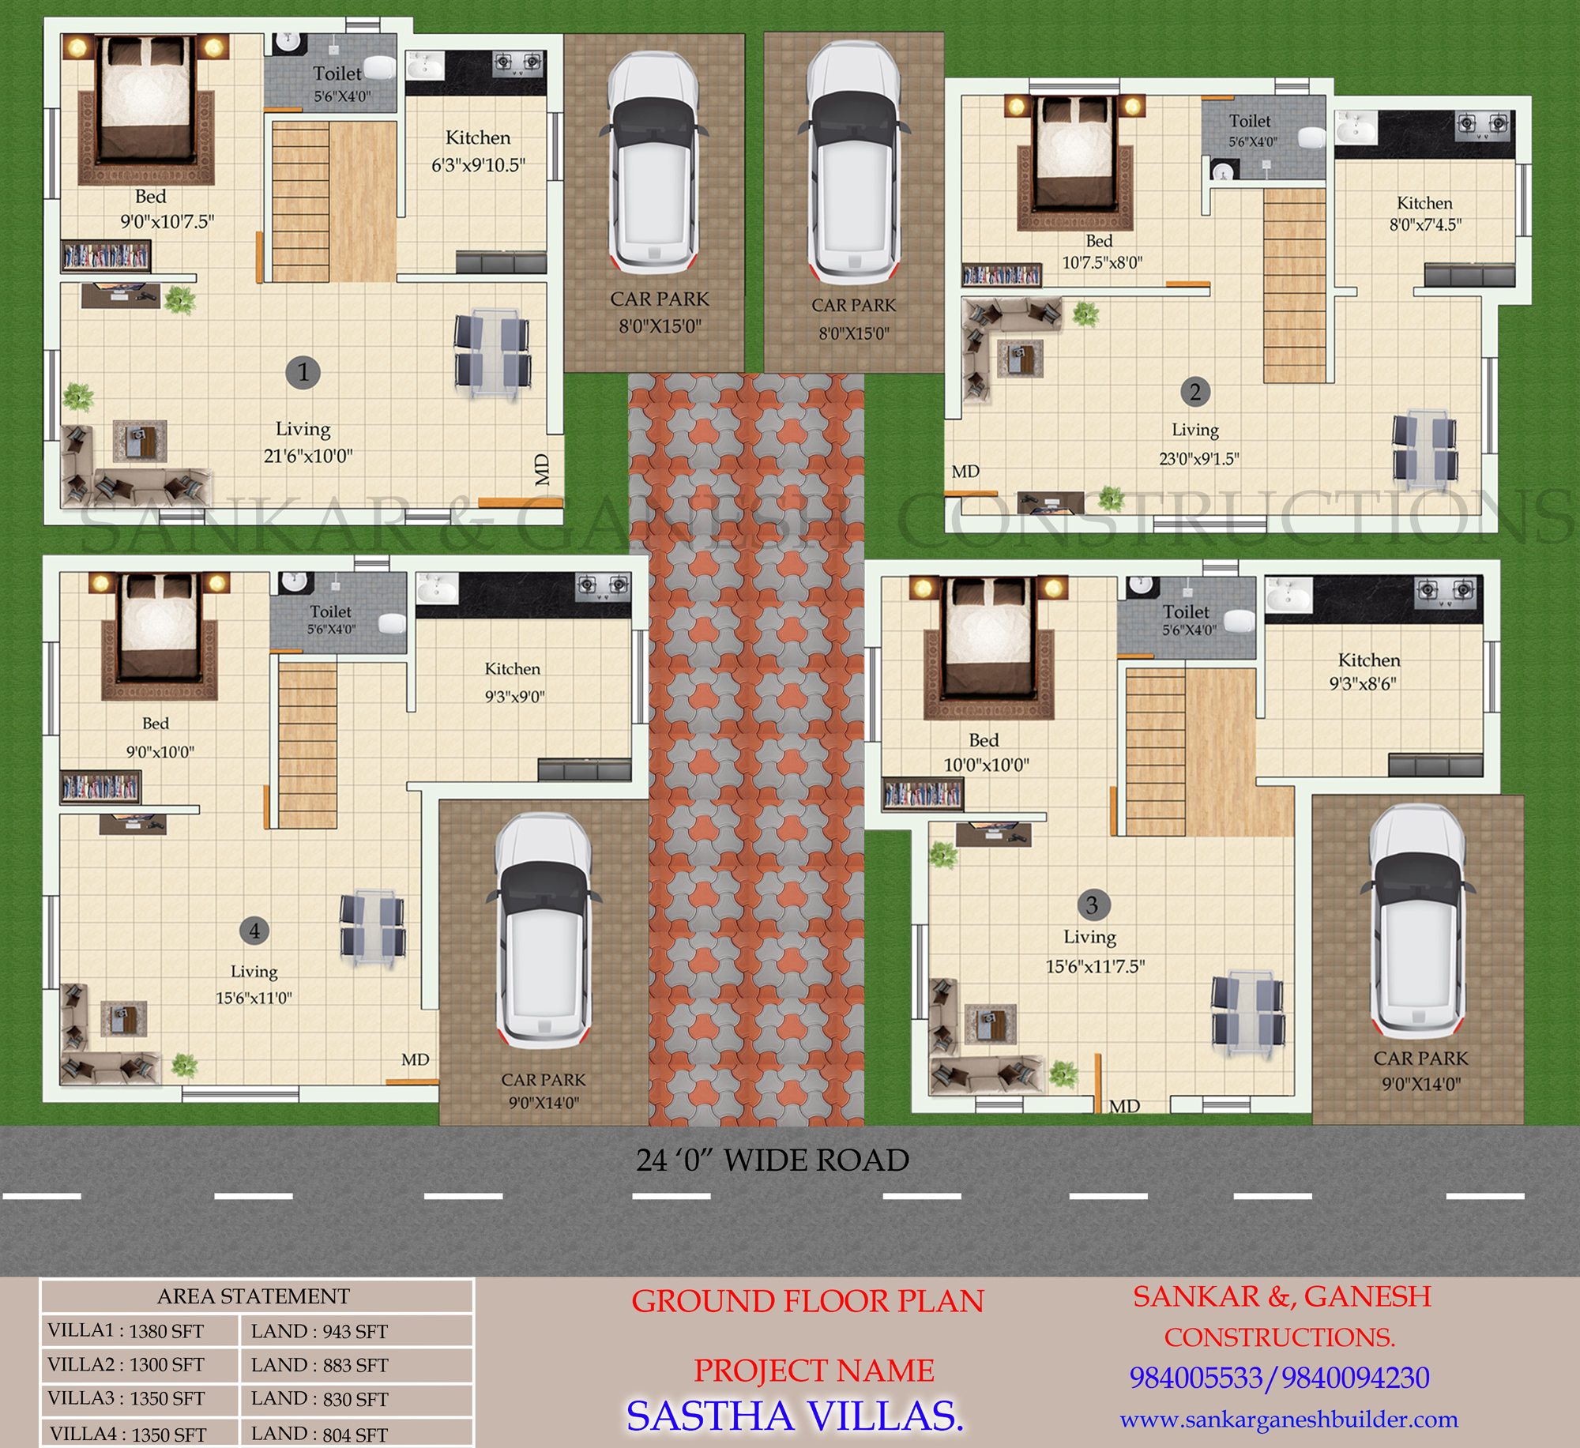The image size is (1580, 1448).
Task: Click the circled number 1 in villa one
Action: tap(303, 372)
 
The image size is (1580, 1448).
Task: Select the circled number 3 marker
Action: tap(1093, 905)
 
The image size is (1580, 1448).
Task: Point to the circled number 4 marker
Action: tap(254, 931)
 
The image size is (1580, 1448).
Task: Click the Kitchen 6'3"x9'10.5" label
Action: tap(478, 151)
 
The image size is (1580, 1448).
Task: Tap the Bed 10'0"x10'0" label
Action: tap(985, 752)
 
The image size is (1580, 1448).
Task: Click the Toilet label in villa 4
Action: tap(331, 611)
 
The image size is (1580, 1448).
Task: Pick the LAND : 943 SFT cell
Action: tap(319, 1332)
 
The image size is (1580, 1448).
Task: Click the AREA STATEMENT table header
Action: tap(254, 1296)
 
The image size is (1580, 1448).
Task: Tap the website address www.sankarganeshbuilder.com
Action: tap(1288, 1420)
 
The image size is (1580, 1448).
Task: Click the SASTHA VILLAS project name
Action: tap(795, 1416)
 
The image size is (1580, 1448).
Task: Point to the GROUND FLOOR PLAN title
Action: tap(807, 1301)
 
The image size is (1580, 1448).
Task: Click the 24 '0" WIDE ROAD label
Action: tap(773, 1160)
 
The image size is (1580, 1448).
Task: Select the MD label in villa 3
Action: tap(1124, 1106)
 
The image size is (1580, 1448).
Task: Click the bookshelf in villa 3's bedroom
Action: tap(923, 795)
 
